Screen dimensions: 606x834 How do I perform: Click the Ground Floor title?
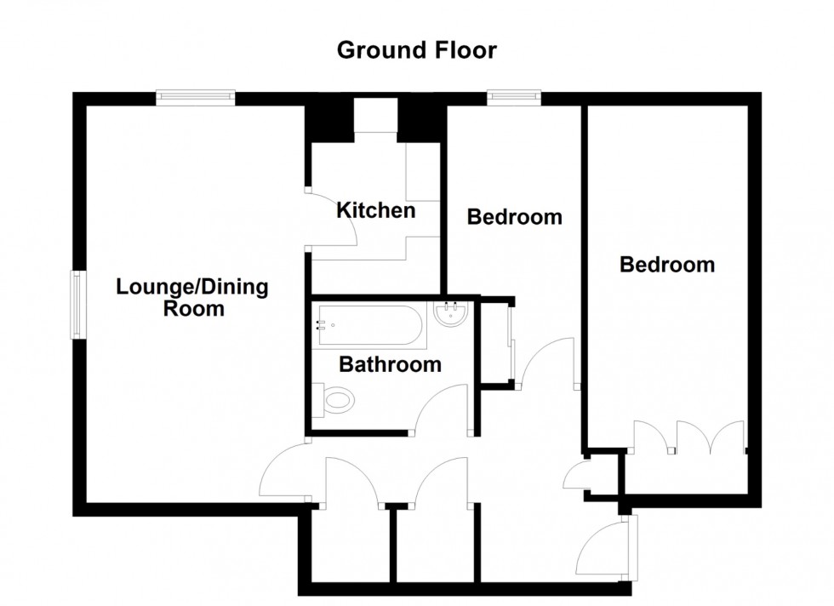tap(417, 50)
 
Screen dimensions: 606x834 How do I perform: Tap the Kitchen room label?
tap(376, 209)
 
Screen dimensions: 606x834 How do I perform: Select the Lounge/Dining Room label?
tap(192, 297)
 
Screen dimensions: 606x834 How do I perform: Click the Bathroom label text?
tap(390, 365)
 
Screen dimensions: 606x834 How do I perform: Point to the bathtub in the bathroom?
tap(370, 325)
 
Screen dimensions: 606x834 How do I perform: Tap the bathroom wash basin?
tap(449, 315)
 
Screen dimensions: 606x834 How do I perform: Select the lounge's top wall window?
tap(195, 99)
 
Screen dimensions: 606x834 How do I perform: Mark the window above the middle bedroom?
tap(514, 99)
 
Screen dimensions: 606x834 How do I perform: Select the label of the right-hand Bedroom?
tap(666, 265)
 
